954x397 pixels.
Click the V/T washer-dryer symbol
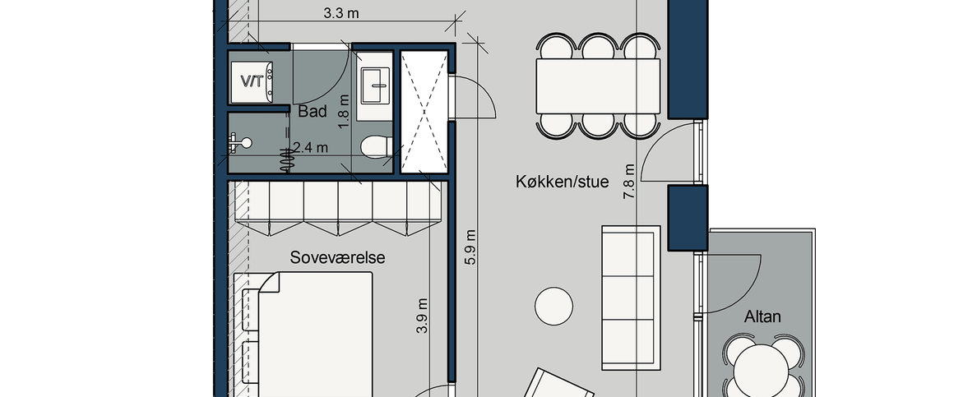(251, 81)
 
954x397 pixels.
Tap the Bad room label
(313, 111)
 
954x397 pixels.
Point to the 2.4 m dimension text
(311, 148)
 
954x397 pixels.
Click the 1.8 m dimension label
(344, 108)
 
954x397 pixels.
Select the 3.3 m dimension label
(340, 14)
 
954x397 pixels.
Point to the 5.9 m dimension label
(470, 247)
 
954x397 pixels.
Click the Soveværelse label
(337, 257)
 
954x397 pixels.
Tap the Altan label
(762, 316)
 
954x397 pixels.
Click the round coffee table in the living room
(554, 306)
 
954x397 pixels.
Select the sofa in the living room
(631, 296)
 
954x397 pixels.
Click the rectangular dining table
(598, 87)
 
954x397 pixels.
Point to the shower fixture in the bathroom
(239, 143)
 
